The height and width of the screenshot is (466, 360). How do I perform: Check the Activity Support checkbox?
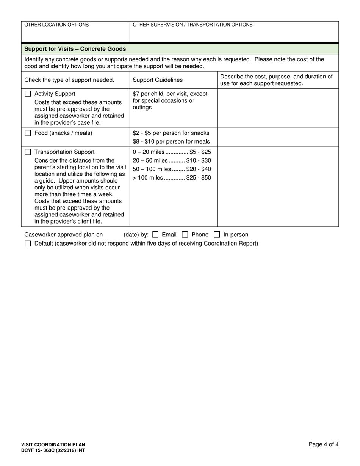28,94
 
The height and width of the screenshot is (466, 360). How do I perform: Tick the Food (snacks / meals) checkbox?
28,133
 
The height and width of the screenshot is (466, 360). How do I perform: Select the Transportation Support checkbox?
28,152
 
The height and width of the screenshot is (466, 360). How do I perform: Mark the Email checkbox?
155,235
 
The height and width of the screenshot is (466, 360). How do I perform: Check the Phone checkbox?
185,235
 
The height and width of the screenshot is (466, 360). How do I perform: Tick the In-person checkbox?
217,235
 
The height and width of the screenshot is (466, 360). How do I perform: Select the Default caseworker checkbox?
28,244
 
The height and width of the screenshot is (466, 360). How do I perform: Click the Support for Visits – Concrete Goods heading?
75,49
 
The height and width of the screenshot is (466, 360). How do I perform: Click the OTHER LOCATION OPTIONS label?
56,25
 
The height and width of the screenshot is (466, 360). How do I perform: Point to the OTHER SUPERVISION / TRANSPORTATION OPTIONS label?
193,25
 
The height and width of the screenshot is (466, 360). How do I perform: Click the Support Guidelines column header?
158,80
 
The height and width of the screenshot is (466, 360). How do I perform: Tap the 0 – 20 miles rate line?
172,152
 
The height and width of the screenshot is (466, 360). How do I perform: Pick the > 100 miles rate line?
172,178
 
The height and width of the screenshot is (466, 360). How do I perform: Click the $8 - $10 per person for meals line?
171,142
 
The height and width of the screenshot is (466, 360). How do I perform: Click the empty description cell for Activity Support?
277,108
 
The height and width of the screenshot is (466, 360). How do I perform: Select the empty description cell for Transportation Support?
277,186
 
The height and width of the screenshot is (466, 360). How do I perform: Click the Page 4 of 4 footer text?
323,444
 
